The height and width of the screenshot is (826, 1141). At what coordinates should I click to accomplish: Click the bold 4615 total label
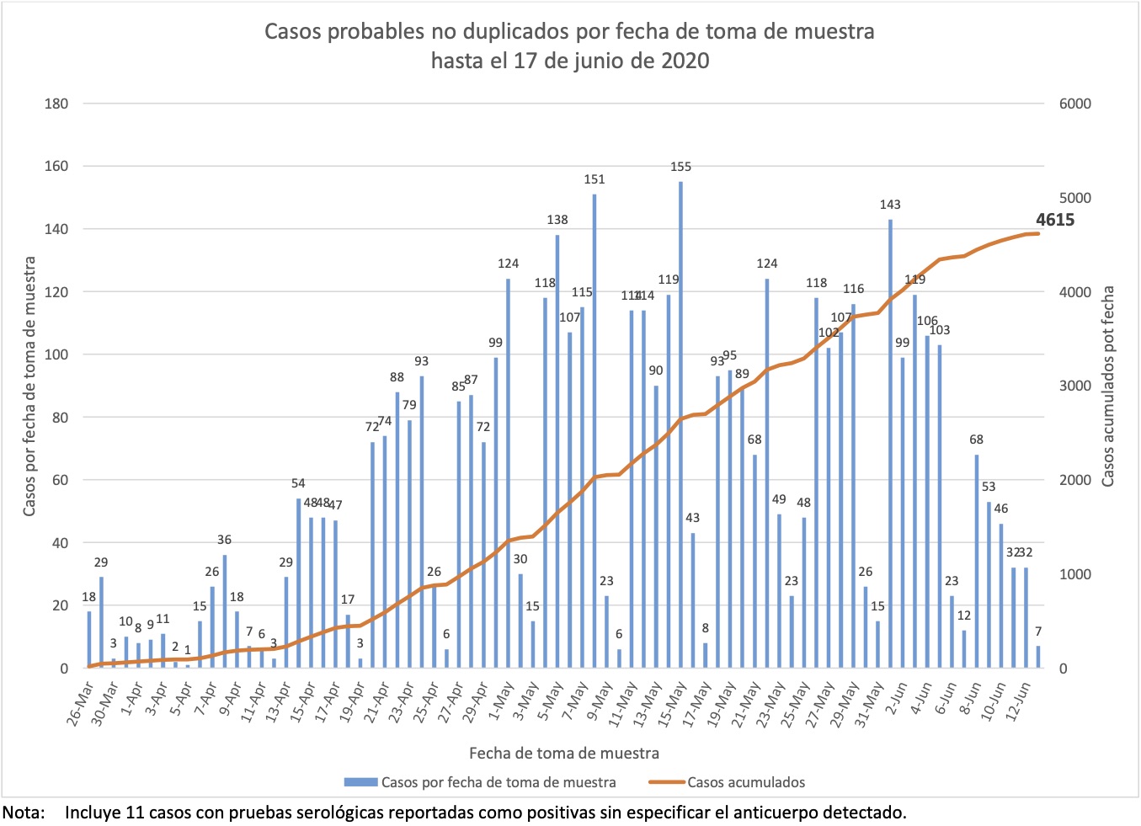pos(1054,220)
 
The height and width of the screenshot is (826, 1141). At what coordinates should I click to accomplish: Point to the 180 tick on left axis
pos(56,104)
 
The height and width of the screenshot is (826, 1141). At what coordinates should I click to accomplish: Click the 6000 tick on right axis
pos(1074,104)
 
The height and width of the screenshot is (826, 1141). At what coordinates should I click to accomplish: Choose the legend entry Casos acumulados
pos(745,782)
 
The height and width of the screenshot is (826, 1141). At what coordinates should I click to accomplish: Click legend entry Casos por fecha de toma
pos(498,782)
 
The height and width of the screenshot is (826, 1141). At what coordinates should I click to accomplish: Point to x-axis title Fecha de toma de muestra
pos(563,753)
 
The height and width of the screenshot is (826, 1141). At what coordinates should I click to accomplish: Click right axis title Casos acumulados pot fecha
pos(1108,386)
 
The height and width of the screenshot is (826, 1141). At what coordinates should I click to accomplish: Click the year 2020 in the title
pos(685,61)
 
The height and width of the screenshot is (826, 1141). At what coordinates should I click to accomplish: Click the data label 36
pos(224,540)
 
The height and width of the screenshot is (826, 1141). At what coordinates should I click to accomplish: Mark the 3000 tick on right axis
pos(1074,386)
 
